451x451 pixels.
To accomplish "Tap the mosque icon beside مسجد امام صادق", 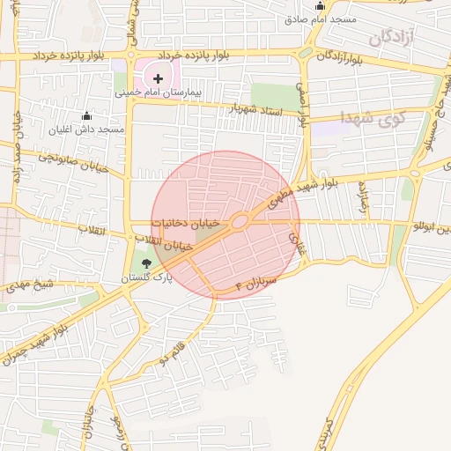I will [x=320, y=6].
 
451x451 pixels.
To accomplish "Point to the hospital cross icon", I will [x=158, y=78].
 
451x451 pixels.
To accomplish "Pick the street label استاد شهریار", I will [x=257, y=110].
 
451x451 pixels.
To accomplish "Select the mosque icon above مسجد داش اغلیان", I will [x=86, y=116].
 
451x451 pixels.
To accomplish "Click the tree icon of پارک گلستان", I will [x=146, y=262].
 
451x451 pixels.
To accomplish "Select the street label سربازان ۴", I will [x=257, y=281].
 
